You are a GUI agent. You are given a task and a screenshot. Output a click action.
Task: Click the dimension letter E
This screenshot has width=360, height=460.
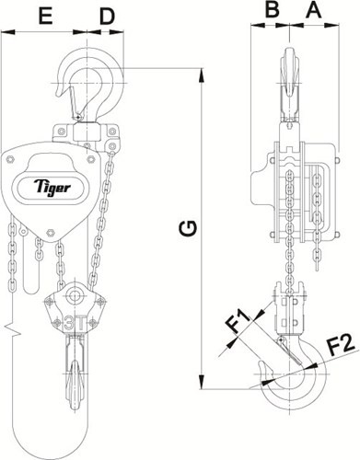tap(45, 16)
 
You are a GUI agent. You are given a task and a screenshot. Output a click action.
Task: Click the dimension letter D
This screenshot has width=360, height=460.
tap(107, 16)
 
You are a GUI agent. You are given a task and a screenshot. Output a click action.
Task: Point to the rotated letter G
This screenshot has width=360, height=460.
tap(188, 229)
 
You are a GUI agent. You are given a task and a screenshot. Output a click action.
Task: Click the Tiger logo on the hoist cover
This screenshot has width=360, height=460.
tap(52, 187)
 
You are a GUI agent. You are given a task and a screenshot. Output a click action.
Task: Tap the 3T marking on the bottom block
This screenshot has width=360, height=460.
tap(75, 323)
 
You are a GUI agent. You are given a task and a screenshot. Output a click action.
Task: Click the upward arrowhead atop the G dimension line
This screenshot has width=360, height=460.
tap(202, 75)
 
